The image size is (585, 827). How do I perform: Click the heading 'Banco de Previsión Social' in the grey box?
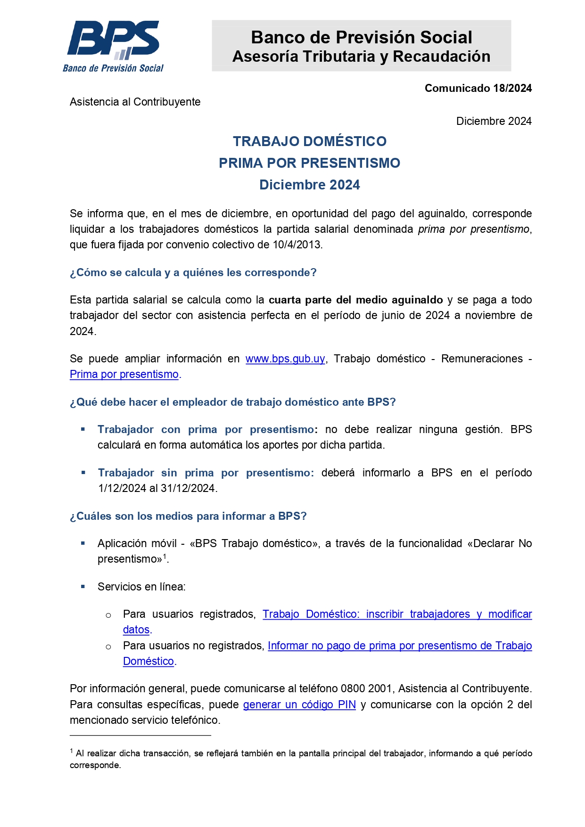(x=361, y=37)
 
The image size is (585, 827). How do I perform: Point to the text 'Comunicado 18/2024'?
(x=478, y=88)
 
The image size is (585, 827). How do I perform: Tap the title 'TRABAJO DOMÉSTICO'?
(x=310, y=141)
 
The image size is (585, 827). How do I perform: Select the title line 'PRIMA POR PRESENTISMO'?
(x=309, y=163)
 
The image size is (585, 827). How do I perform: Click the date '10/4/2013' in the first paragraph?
(x=297, y=245)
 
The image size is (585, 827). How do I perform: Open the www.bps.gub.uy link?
(x=285, y=359)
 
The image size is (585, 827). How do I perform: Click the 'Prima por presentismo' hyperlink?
(x=124, y=375)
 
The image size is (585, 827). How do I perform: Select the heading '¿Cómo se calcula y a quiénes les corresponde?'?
(x=193, y=273)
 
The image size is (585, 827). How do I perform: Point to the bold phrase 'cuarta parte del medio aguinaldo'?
(x=355, y=300)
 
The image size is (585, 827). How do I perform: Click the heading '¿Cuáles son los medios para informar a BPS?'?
(x=188, y=516)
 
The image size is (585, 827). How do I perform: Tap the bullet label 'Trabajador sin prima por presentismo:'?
(x=206, y=473)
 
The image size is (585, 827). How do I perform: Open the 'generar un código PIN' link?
(x=299, y=705)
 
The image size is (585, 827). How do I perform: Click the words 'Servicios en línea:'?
(x=141, y=587)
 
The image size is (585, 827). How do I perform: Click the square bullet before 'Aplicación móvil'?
(x=83, y=543)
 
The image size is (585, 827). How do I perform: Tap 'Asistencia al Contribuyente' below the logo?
(x=135, y=102)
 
